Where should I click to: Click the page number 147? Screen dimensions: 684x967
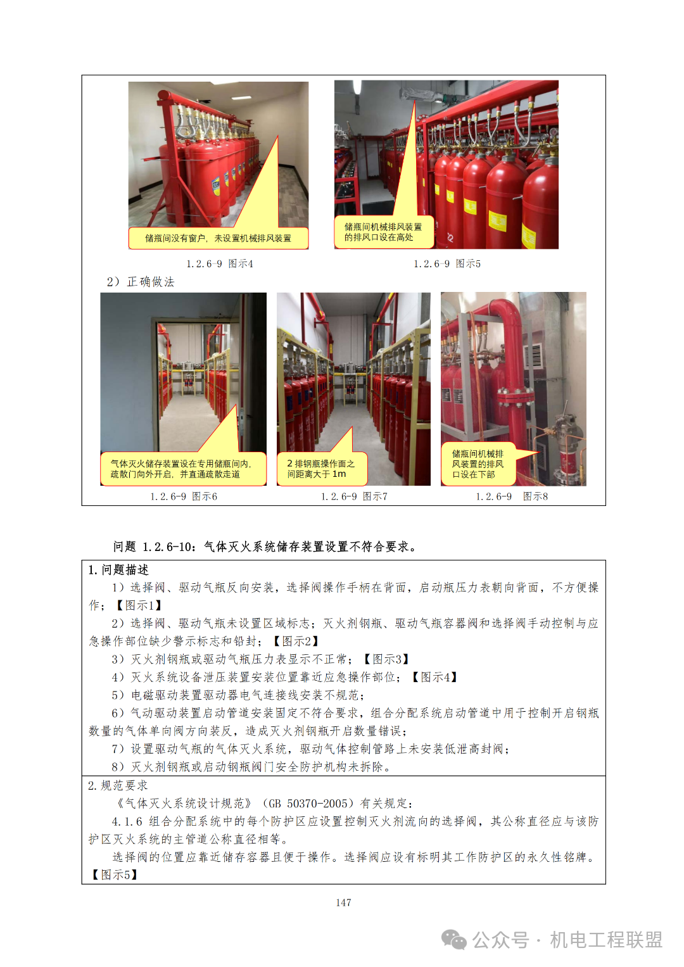[343, 902]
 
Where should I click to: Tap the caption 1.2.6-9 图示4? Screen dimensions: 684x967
[220, 263]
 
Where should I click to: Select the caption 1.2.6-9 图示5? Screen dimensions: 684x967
[447, 263]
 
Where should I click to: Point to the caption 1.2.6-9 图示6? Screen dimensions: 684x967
[184, 496]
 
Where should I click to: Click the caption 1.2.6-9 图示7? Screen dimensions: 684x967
[354, 496]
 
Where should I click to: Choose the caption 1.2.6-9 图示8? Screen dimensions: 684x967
[512, 496]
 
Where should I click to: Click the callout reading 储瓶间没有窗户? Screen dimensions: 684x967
[218, 238]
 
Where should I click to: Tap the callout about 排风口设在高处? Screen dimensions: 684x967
[383, 232]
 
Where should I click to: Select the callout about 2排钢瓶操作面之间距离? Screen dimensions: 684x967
[322, 469]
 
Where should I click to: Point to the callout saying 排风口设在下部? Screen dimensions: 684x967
[478, 464]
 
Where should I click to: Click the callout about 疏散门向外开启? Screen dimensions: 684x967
[183, 469]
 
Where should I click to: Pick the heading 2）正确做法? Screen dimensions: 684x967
[141, 282]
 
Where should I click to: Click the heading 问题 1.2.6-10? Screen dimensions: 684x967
[265, 547]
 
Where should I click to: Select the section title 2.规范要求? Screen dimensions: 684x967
[118, 785]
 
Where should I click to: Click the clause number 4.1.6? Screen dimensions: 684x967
[127, 821]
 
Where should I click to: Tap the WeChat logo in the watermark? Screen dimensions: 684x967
[453, 939]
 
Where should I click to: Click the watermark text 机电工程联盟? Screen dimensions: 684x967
[606, 940]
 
